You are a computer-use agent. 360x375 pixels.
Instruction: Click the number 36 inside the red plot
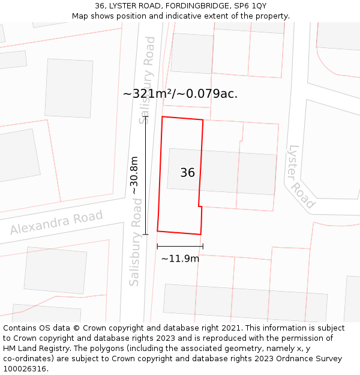tap(187, 173)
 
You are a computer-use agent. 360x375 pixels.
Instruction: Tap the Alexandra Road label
tap(56, 223)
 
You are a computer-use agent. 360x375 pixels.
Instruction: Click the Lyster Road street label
tap(301, 176)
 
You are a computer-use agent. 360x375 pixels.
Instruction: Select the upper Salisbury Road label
tap(147, 80)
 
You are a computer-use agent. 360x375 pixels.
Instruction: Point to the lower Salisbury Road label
tap(135, 242)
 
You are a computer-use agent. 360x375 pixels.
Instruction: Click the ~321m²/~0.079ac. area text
tap(180, 94)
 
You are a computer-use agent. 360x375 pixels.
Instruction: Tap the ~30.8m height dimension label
tap(134, 175)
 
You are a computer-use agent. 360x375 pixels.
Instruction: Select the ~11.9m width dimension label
tap(180, 259)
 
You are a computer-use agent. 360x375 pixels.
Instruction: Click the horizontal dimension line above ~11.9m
tap(180, 246)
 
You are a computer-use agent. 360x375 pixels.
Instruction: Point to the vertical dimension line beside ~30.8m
tap(146, 175)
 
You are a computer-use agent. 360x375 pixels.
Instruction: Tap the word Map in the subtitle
tap(80, 16)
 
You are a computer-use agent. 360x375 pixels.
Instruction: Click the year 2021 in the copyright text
tap(230, 328)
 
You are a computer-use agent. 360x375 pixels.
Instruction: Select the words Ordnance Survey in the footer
tap(309, 359)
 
